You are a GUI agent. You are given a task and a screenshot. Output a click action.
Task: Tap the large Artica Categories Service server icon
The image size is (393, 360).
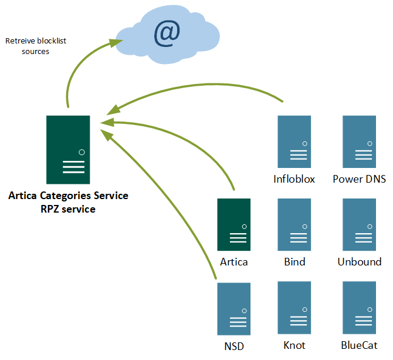coord(68,149)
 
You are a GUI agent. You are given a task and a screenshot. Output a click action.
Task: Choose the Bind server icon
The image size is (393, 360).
coord(294,224)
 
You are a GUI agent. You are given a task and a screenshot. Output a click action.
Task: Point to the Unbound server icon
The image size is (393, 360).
coord(359,224)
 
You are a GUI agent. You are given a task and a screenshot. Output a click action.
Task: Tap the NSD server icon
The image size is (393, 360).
coord(234,307)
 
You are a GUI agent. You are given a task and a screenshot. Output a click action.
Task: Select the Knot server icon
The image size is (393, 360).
coord(294,307)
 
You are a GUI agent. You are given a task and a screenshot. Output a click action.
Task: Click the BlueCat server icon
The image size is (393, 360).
coord(359,307)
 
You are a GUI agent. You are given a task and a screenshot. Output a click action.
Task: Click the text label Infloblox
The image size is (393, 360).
coord(294,179)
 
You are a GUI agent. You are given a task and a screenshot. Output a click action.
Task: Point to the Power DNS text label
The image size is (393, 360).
coord(359,179)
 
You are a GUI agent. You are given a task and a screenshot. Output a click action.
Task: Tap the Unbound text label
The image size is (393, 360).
coord(359,262)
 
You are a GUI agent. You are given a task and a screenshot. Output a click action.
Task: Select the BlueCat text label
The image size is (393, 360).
coord(359,345)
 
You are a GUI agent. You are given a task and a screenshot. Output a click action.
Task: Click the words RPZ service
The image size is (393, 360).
coord(68,208)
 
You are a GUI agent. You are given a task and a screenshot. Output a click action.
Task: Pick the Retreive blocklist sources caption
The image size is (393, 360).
coord(28,46)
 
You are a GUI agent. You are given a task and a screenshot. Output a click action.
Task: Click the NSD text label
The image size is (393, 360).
coord(233,346)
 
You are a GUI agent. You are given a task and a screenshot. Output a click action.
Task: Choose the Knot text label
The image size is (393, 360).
coord(294,345)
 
